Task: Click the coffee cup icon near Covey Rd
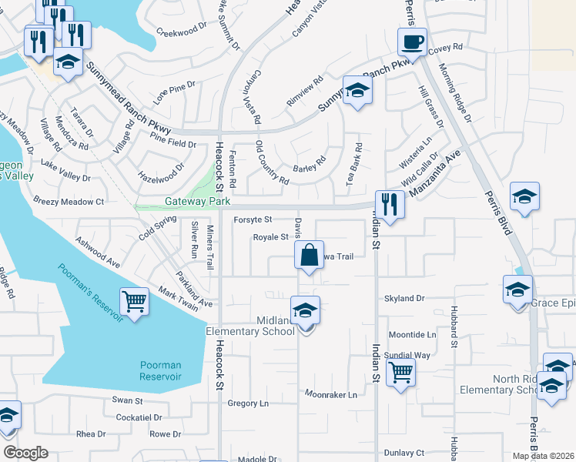tap(412, 42)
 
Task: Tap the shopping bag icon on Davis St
tap(309, 256)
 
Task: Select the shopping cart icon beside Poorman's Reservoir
tap(134, 301)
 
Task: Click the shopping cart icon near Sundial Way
tap(400, 373)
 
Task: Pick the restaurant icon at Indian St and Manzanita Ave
tap(390, 204)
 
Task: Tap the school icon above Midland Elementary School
tap(306, 310)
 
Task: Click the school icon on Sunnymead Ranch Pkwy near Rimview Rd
tap(357, 92)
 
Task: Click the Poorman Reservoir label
tap(160, 370)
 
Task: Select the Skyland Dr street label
tap(404, 298)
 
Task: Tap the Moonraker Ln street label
tap(330, 395)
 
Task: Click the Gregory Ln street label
tap(248, 403)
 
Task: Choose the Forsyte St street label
tap(253, 219)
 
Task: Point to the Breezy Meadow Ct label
tap(68, 201)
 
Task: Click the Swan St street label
tap(128, 400)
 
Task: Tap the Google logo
tap(25, 453)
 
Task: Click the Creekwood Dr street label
tap(182, 33)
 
